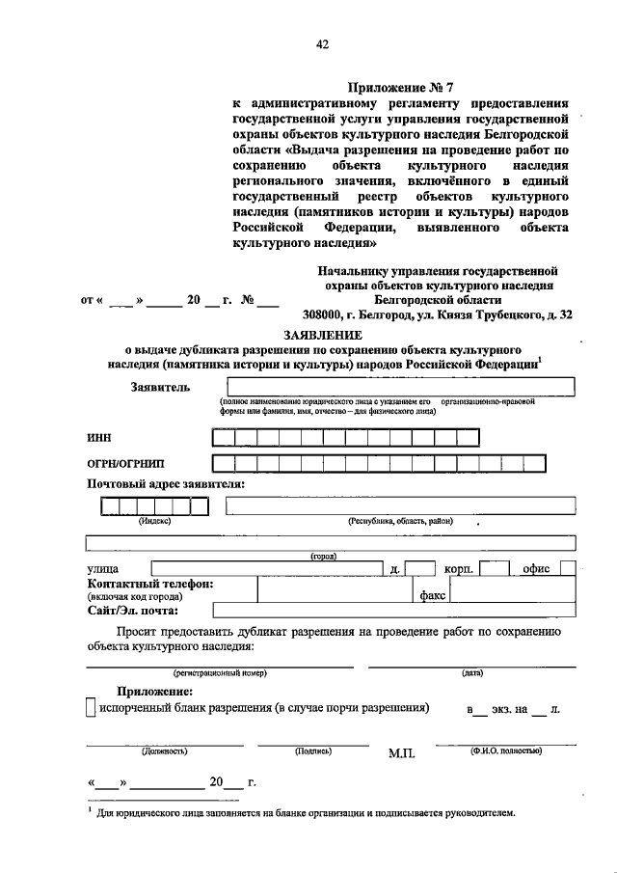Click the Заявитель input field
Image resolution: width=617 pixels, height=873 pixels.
tap(396, 388)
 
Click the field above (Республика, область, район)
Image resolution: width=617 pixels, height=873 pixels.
tap(400, 506)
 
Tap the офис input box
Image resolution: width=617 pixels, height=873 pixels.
tap(568, 569)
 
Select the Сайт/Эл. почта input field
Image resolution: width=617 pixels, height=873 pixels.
tap(394, 611)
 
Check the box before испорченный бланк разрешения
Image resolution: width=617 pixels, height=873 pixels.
tap(90, 709)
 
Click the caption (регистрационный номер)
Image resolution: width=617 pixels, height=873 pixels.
tap(220, 672)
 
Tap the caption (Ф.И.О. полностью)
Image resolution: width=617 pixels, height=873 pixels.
tap(505, 750)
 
